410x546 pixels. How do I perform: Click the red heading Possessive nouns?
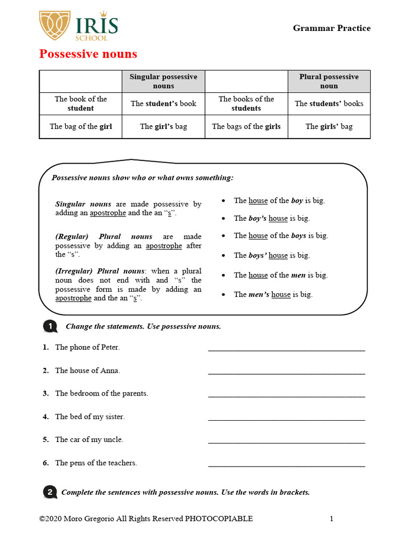point(88,54)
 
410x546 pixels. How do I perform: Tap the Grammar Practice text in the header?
point(332,28)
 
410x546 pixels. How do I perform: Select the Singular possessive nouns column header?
point(163,82)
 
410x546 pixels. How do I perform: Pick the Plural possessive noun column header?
point(329,82)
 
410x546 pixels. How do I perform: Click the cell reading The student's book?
point(163,103)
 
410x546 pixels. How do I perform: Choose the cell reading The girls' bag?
point(329,126)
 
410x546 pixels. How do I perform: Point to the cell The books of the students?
point(246,103)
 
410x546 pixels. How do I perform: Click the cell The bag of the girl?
point(81,126)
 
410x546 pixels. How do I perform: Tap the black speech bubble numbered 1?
point(49,326)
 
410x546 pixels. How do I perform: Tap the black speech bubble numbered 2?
point(49,492)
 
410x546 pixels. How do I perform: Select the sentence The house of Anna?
point(88,371)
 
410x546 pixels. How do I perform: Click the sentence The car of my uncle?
point(89,440)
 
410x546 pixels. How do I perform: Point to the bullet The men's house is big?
point(273,294)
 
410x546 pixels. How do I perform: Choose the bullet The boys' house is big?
point(272,255)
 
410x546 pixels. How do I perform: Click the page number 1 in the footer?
point(332,519)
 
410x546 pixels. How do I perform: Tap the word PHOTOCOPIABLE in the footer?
point(219,519)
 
